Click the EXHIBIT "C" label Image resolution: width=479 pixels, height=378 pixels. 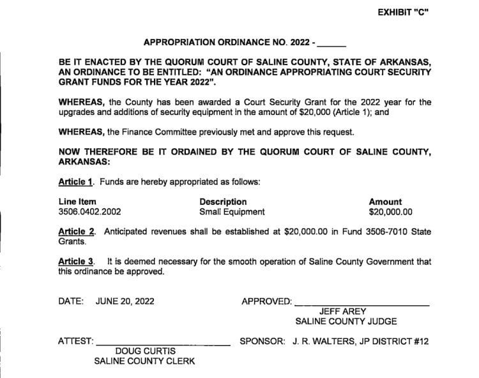[402, 13]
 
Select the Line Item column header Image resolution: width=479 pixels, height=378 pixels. [77, 202]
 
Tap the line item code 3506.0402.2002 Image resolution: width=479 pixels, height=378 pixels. [90, 212]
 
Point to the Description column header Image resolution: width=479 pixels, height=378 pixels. [223, 202]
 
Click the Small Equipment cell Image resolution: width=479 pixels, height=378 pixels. [232, 212]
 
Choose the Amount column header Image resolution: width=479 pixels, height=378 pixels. [386, 202]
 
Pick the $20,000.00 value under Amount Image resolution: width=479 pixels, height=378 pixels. [391, 212]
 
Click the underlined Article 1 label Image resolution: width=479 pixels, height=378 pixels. [76, 182]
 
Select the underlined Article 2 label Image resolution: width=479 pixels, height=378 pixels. [76, 232]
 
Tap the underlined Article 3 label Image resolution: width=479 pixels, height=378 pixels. [76, 262]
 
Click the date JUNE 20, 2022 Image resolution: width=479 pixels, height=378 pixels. [125, 301]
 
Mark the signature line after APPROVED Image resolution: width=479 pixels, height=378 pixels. [362, 303]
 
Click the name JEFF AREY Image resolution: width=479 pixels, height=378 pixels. [346, 312]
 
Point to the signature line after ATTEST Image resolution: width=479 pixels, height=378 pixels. [163, 344]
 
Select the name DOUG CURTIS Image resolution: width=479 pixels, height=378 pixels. [144, 351]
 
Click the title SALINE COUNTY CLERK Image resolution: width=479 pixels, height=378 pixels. [144, 361]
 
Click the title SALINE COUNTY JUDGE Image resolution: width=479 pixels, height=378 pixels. [346, 321]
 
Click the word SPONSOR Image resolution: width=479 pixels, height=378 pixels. [262, 342]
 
